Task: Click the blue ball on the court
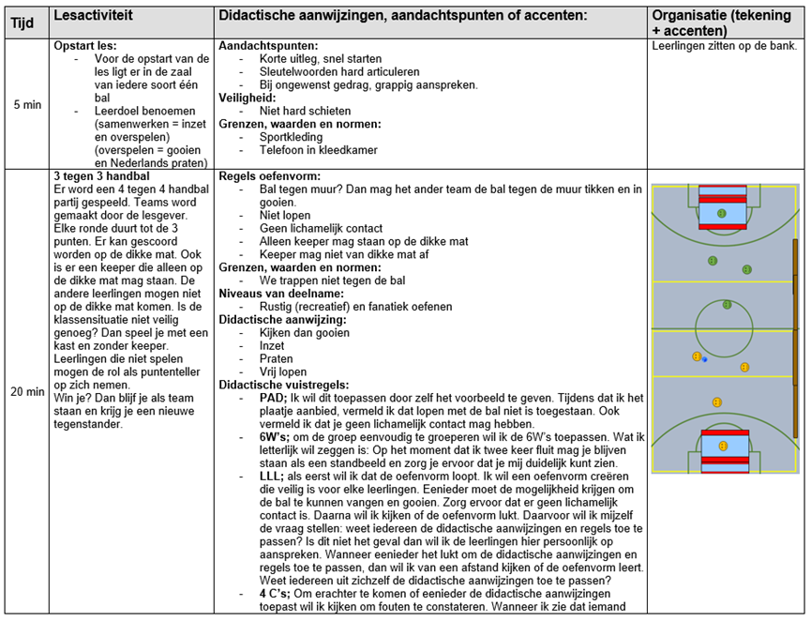704,359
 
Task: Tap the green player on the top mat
721,213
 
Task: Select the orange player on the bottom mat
722,446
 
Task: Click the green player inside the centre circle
727,304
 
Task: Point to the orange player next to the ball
697,356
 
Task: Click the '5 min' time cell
27,104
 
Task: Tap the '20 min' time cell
27,392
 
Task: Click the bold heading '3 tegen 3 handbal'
102,176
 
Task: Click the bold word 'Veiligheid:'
247,97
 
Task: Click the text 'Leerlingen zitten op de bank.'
724,45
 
